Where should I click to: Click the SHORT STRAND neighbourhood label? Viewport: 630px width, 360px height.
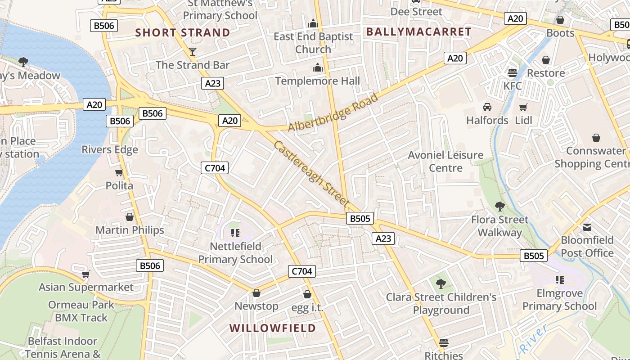coord(183,33)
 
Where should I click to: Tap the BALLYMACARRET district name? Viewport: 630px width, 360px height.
coord(418,32)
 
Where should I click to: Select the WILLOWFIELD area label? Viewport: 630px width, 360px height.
coord(273,328)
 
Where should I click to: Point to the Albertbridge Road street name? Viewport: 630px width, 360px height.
coord(333,113)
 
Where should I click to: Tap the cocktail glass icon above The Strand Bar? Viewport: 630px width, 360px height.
coord(193,52)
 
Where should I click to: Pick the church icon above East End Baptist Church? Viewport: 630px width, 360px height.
coord(313,23)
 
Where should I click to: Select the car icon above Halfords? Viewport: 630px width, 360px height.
coord(487,107)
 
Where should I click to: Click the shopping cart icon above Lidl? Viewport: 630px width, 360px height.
coord(523,107)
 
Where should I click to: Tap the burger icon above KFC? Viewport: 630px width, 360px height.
coord(512,72)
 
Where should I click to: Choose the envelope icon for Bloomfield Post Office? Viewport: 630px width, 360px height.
coord(587,227)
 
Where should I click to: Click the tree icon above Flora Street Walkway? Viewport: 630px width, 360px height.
coord(499,207)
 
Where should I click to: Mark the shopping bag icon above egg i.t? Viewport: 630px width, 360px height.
coord(307,294)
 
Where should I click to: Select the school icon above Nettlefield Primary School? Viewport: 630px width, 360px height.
coord(235,233)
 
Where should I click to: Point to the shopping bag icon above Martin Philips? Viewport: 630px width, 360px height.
coord(130,217)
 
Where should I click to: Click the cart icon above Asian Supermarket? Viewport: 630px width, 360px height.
coord(85,274)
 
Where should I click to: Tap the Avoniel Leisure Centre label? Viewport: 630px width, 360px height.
coord(445,162)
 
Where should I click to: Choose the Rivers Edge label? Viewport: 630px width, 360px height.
coord(110,149)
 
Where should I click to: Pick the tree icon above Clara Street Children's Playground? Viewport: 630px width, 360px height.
coord(441,283)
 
